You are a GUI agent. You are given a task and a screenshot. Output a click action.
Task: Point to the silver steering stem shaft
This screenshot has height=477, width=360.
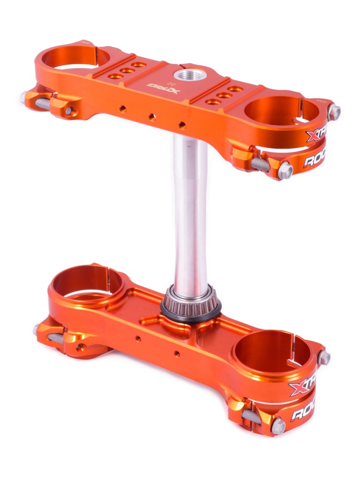click(x=190, y=210)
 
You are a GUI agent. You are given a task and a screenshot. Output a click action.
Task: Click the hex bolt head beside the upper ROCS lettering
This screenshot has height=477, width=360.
click(x=285, y=170)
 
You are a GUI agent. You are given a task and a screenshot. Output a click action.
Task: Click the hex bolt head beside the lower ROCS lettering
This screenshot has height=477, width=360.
click(x=278, y=425)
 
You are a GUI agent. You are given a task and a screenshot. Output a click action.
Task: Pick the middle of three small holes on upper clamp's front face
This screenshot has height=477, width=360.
click(x=152, y=117)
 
